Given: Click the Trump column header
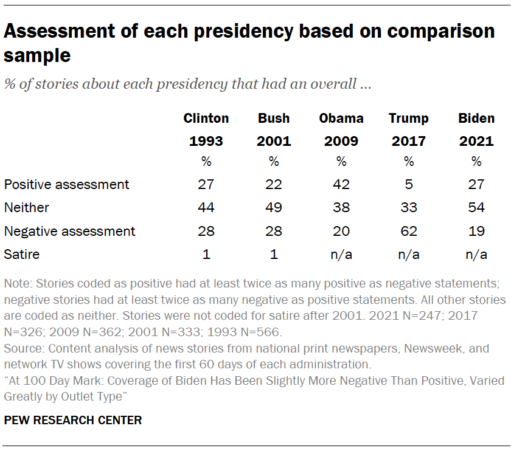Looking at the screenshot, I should point(409,118).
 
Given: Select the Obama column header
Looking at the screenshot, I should point(341,118).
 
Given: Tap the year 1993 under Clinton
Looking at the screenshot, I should point(206,142).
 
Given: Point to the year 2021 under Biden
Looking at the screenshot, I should point(476,142).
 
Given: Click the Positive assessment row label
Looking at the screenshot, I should point(66,184).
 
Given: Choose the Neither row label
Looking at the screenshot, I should point(26,207).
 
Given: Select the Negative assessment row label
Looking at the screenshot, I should point(69,231).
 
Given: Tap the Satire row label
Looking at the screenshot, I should point(21,254).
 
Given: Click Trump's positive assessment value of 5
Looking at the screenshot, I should point(409,184).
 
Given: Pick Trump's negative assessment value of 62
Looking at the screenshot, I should point(409,231).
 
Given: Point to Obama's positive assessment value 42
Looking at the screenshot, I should point(341,184).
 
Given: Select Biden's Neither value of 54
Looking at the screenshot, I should point(476,207).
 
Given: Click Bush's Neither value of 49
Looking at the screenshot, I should point(274,207).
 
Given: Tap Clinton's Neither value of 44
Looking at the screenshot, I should point(206,207).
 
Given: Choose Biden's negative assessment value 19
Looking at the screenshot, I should point(476,231).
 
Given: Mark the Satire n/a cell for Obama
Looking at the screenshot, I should point(341,254).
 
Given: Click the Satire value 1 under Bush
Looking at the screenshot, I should point(274,254).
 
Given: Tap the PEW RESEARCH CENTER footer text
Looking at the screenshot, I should point(73,420).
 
